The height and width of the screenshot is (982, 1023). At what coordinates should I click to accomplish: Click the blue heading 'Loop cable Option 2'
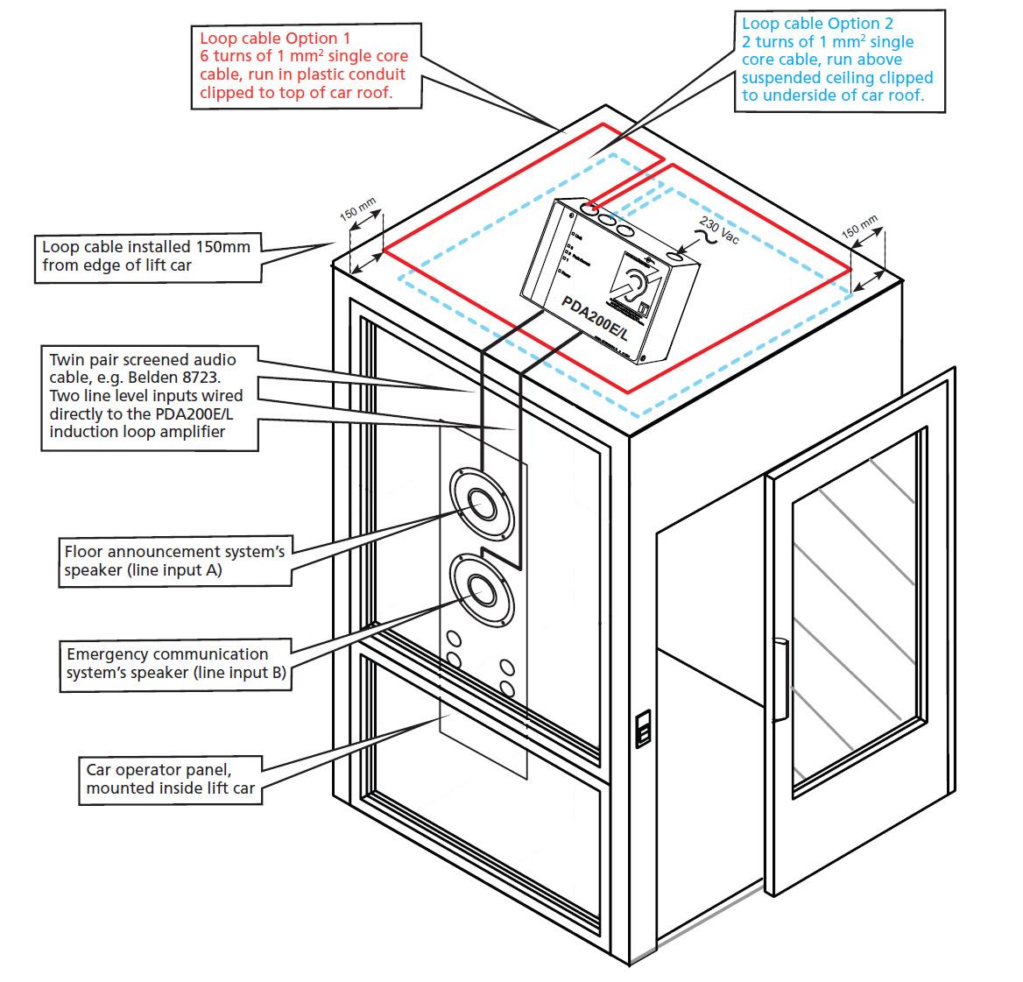click(x=817, y=24)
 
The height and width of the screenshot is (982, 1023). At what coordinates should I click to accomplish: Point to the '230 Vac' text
click(x=720, y=232)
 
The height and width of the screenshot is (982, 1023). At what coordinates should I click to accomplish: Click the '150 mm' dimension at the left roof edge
click(x=357, y=214)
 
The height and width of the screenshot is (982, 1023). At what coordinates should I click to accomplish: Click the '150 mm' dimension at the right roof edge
click(x=859, y=226)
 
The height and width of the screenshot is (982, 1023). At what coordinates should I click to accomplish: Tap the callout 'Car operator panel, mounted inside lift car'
click(x=170, y=779)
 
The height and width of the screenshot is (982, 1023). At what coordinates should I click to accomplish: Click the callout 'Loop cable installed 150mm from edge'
click(x=146, y=256)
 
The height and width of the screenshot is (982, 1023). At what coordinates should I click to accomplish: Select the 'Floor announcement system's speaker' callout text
click(x=174, y=561)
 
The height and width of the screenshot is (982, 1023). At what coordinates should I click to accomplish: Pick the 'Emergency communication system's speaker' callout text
click(x=175, y=663)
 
